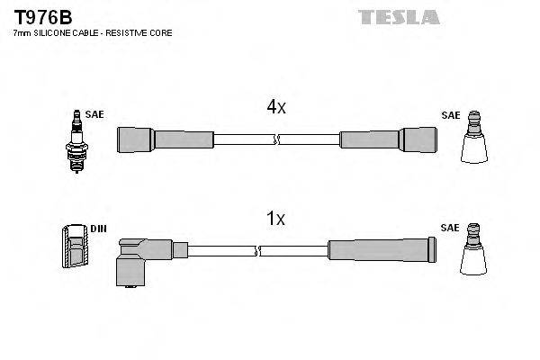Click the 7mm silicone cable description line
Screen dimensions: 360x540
(x=92, y=33)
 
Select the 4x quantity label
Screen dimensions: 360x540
(x=275, y=108)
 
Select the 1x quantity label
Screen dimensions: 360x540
(x=275, y=219)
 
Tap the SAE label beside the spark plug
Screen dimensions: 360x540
(x=94, y=115)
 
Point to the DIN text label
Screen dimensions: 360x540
(x=98, y=229)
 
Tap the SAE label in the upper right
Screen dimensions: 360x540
(x=450, y=115)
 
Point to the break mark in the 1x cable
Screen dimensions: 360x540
(x=259, y=250)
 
